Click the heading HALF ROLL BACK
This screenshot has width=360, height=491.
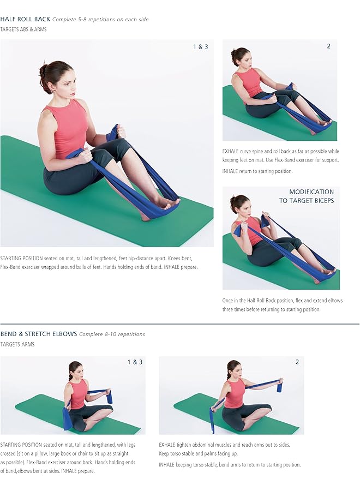pos(25,19)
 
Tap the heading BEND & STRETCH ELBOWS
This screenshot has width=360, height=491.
pos(38,334)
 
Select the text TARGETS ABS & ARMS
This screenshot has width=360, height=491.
pos(23,29)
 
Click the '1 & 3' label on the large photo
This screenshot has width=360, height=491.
pos(200,47)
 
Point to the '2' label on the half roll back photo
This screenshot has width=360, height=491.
pos(328,46)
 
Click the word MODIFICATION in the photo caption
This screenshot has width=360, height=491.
pos(311,192)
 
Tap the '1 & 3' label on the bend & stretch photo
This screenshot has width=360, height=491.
pos(135,362)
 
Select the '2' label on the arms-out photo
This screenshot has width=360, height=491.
pos(297,362)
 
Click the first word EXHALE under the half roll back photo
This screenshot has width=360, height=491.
pos(232,151)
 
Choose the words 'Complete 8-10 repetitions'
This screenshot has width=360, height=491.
pos(112,334)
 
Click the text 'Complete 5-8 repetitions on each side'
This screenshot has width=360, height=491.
pos(100,20)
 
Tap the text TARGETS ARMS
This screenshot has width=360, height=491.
pos(17,344)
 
